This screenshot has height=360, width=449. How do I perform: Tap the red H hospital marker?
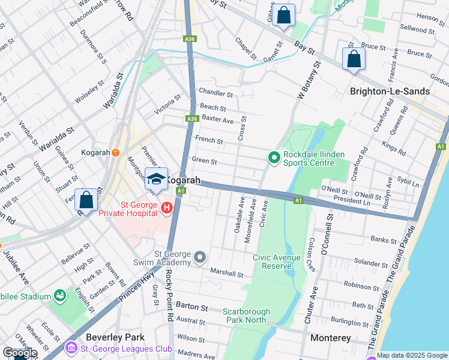[x=166, y=208]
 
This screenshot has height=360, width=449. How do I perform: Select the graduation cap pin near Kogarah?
[x=156, y=179]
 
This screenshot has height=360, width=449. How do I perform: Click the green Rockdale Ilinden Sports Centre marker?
[x=274, y=158]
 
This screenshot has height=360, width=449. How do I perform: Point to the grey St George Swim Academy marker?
[x=200, y=258]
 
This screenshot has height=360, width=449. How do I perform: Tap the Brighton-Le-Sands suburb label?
[x=390, y=91]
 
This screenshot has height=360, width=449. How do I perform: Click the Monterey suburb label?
[x=331, y=338]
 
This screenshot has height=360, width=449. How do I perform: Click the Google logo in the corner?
[x=20, y=352]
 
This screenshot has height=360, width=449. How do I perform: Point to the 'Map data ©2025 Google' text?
[x=412, y=355]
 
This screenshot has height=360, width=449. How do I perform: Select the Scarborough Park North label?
[x=246, y=316]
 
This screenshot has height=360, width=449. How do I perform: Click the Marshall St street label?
[x=226, y=272]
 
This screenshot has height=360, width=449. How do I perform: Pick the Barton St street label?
[x=191, y=307]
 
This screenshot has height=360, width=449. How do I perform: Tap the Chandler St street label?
[x=215, y=94]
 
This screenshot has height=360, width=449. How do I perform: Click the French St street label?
[x=209, y=142]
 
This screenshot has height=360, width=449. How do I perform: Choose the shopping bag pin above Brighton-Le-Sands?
[x=354, y=59]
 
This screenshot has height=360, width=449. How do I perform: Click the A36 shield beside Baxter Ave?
[x=191, y=119]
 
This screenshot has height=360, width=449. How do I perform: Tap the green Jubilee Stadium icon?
[x=60, y=296]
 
